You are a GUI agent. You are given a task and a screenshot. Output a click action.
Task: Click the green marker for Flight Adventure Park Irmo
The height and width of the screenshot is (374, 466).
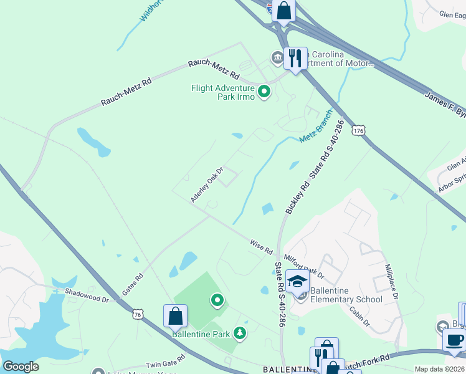[x=264, y=93]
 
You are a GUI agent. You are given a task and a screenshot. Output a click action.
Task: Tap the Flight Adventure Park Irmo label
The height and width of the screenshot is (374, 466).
[x=224, y=92]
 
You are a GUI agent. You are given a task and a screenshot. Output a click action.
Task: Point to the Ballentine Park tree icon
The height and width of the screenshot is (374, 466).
[x=239, y=333]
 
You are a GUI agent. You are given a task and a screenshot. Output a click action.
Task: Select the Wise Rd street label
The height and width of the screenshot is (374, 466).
[x=261, y=246]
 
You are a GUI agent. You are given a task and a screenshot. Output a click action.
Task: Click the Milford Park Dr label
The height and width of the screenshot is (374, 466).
[x=304, y=266]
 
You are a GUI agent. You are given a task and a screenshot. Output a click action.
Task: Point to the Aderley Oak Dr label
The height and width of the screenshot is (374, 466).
[x=207, y=184]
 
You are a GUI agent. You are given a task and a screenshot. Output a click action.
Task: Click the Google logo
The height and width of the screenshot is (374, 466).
[x=21, y=367]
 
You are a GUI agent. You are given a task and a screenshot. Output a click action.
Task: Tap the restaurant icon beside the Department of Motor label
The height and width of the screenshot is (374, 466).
[x=295, y=59]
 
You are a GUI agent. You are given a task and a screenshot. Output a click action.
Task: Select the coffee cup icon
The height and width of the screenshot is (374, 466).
[x=454, y=340]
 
